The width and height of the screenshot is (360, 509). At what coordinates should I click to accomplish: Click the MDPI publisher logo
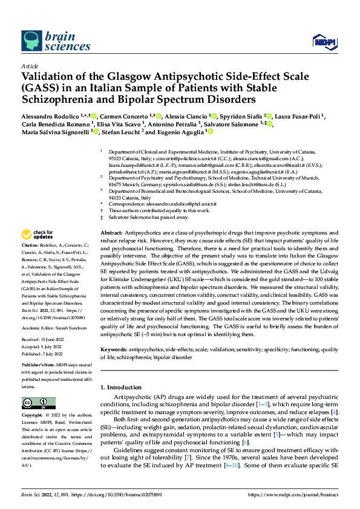coord(323,41)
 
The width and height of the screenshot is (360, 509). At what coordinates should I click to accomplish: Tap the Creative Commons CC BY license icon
coord(34,403)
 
